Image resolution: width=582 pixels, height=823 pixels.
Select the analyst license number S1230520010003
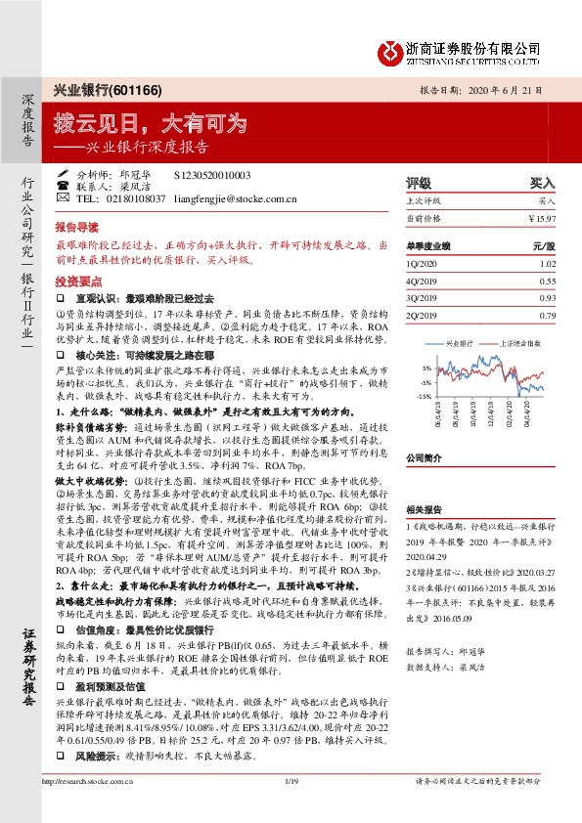click(x=211, y=174)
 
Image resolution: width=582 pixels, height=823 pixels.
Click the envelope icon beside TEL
click(x=63, y=197)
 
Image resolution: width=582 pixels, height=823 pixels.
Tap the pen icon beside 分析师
click(x=63, y=174)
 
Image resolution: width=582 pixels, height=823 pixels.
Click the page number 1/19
click(x=291, y=807)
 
